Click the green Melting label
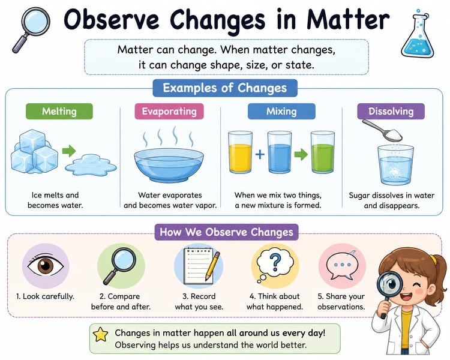click(59, 112)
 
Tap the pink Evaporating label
click(169, 112)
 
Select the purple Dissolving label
click(391, 112)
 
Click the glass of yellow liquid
click(241, 152)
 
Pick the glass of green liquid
click(323, 152)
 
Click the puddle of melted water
click(91, 165)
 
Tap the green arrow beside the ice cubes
click(69, 151)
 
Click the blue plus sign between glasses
click(260, 154)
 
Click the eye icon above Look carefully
click(46, 266)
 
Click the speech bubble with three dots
click(341, 266)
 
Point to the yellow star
click(101, 334)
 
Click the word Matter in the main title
click(348, 20)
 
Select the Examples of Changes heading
click(225, 88)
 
